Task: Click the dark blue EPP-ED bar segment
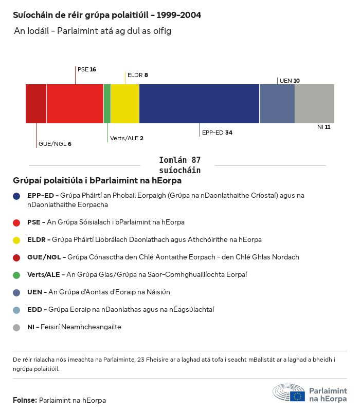click(199, 104)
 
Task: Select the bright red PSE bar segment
click(75, 104)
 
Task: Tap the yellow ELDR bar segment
click(125, 104)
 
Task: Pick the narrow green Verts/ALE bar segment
click(107, 104)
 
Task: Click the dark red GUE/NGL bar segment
click(36, 104)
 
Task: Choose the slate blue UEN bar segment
click(277, 104)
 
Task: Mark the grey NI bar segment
click(314, 104)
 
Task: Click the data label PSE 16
click(87, 69)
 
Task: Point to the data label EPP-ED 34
click(217, 133)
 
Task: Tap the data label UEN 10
click(290, 81)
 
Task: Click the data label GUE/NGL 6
click(55, 144)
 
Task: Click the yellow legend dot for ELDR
click(17, 240)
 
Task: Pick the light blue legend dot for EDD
click(17, 310)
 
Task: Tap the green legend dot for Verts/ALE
click(17, 275)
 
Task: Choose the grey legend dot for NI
click(17, 327)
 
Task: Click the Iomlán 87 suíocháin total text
click(179, 165)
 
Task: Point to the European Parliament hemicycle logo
click(289, 393)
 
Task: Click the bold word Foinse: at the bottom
click(25, 400)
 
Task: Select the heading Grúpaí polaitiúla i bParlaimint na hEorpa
click(97, 181)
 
